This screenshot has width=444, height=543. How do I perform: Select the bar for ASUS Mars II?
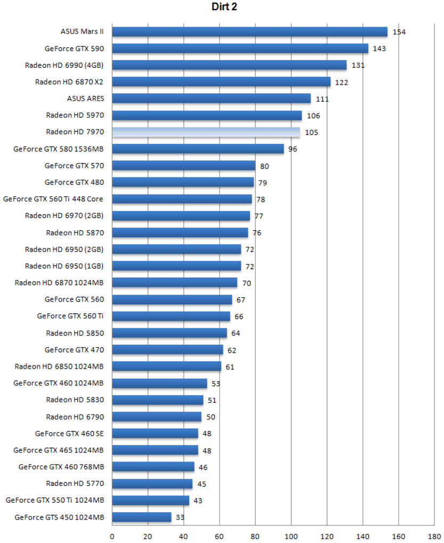pos(249,31)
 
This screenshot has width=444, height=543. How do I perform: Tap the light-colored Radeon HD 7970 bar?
pos(206,132)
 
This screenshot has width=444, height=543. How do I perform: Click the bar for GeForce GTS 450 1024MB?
pos(142,517)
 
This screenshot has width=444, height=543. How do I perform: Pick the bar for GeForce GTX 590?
pos(240,48)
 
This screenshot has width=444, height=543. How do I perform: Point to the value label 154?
pos(399,32)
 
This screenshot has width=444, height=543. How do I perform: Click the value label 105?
pos(311,132)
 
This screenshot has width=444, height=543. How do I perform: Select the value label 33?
pos(181,517)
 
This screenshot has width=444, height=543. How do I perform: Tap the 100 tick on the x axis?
pos(291,535)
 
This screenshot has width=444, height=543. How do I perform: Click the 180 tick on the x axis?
pos(434,535)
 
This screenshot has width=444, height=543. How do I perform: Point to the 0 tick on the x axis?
pos(112,535)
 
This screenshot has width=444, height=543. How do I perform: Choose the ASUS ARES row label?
pos(85,99)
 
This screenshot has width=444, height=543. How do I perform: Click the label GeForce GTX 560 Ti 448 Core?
pos(53,199)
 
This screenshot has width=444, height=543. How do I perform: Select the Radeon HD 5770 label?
pos(75,484)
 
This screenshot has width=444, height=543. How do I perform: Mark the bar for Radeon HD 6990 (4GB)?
pos(229,65)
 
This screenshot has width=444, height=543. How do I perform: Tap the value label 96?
pos(293,149)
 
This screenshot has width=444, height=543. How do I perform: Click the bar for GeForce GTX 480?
pos(183,182)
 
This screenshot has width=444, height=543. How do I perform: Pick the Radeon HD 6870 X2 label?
pos(69,82)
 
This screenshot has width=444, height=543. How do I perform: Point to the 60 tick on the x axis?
pos(220,535)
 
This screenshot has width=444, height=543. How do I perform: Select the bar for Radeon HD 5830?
pos(158,400)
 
